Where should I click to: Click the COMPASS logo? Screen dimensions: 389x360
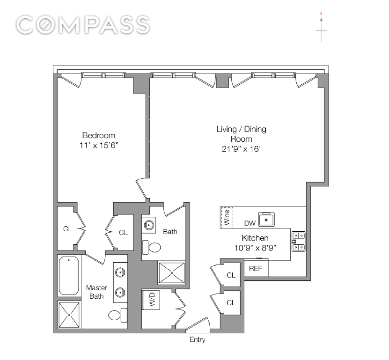point(83,25)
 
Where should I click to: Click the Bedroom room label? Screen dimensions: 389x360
point(99,135)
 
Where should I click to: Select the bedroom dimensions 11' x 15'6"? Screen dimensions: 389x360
point(99,146)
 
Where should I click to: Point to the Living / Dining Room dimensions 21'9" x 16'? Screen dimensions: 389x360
point(241,149)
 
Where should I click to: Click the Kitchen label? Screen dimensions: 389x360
point(255,238)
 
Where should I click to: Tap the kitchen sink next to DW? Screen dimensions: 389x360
point(266,220)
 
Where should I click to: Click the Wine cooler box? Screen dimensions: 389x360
point(227,217)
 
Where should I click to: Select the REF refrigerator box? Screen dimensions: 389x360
point(256,268)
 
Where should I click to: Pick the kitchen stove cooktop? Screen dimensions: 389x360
point(299,242)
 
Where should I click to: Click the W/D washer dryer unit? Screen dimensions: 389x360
point(151,300)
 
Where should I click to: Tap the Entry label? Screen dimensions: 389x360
point(198,339)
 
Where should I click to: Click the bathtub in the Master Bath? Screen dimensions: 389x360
point(69,276)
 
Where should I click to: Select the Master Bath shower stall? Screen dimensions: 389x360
point(69,315)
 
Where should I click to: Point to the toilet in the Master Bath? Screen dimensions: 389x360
point(118,315)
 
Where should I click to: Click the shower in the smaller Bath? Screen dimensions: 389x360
point(172,273)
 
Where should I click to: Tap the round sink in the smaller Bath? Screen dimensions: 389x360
point(149,225)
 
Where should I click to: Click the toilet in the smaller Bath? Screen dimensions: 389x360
point(152,247)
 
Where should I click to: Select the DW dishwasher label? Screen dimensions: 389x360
point(250,223)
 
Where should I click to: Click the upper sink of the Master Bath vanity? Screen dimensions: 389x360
point(120,272)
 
